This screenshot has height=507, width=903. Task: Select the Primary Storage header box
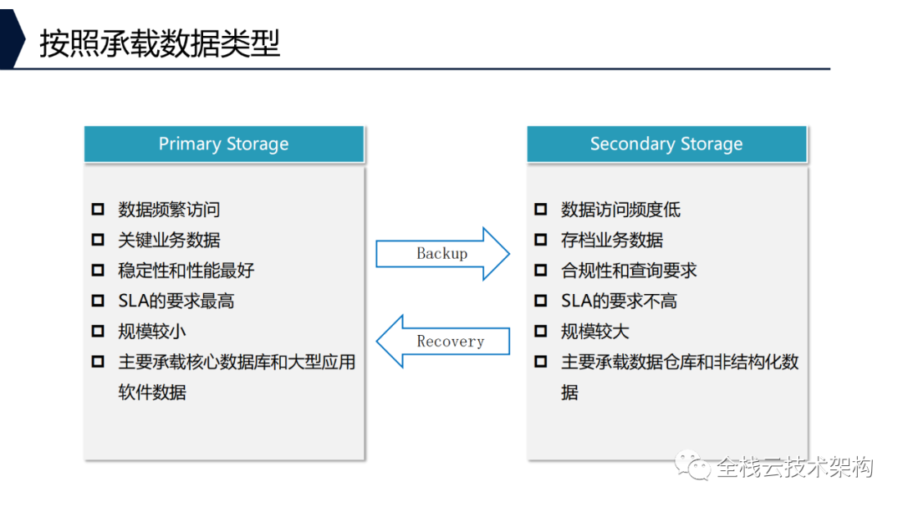tap(223, 144)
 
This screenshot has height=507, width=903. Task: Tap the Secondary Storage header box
tap(666, 144)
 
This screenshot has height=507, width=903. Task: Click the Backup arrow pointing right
tap(442, 253)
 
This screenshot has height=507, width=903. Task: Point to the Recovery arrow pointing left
tap(442, 341)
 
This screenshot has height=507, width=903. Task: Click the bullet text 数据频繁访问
tap(169, 210)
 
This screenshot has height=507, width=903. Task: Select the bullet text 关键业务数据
tap(169, 241)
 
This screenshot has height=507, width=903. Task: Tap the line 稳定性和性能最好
tap(186, 271)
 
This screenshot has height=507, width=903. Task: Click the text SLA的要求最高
tap(176, 301)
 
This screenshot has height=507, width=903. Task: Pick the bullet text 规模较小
tap(151, 332)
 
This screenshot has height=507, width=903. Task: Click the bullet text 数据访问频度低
tap(620, 210)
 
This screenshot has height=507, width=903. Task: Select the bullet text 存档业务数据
tap(611, 241)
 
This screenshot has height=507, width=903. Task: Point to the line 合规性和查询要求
tap(629, 271)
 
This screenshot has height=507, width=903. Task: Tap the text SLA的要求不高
tap(619, 301)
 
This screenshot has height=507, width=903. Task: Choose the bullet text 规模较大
tap(594, 332)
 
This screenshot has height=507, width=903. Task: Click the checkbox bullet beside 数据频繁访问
tap(98, 210)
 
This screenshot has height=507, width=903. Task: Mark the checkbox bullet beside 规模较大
tap(541, 332)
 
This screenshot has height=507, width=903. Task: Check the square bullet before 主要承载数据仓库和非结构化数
tap(541, 362)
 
